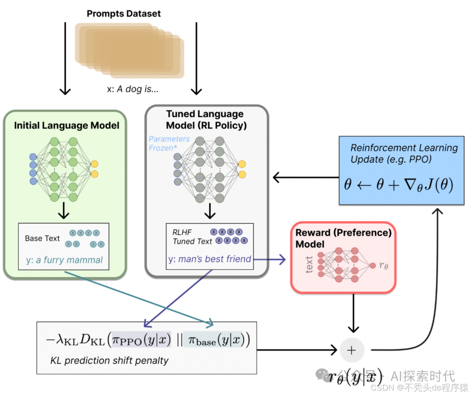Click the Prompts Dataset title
(x=124, y=13)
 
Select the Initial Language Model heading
(x=67, y=126)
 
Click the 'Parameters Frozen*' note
(x=169, y=143)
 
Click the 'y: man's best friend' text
(x=209, y=259)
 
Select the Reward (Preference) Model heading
(x=343, y=238)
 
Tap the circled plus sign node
(x=352, y=350)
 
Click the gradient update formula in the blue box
(x=398, y=185)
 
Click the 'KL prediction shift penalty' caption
(x=109, y=360)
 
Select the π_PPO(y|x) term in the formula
(x=142, y=339)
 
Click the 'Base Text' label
(x=42, y=238)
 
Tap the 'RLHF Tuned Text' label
(x=191, y=237)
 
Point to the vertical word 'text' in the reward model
(x=309, y=264)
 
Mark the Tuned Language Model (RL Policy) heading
(x=206, y=120)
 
